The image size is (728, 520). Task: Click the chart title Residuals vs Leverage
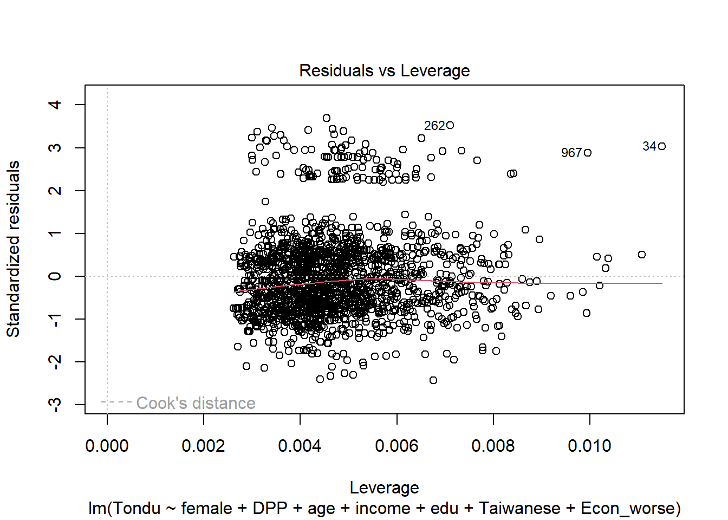click(384, 71)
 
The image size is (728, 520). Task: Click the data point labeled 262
click(450, 125)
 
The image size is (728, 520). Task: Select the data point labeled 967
click(588, 153)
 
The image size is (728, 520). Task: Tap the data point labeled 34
click(662, 146)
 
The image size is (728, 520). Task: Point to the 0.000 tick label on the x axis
click(107, 446)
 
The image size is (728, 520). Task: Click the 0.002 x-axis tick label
click(203, 446)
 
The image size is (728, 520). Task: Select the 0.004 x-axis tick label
click(300, 446)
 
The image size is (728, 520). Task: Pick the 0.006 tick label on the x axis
click(396, 446)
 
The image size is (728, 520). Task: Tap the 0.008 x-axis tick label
click(493, 446)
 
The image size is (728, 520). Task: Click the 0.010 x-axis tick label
click(589, 446)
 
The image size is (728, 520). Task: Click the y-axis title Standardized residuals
click(14, 249)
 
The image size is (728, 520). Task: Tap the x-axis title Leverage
click(384, 487)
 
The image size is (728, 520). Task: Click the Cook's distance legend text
click(196, 403)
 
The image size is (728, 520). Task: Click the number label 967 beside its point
click(571, 153)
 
